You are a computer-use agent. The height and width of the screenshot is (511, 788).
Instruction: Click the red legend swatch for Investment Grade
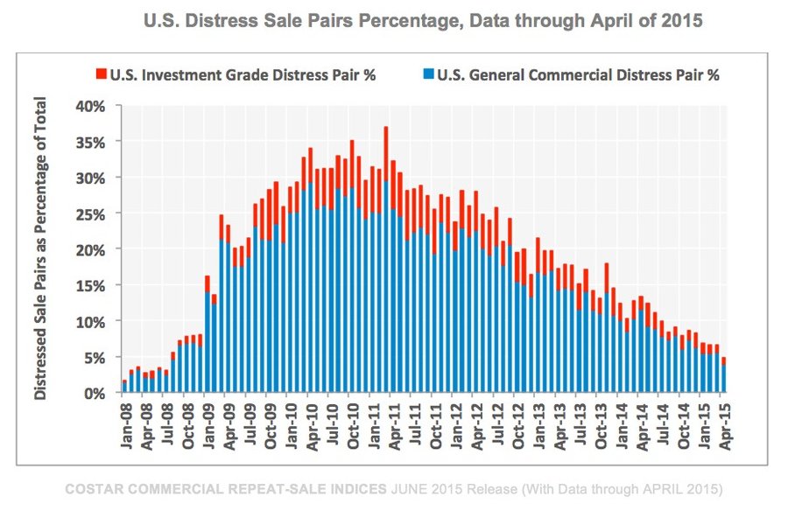click(102, 74)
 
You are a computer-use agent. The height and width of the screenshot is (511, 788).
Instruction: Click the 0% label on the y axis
click(94, 393)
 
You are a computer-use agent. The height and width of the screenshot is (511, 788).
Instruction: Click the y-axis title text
click(41, 249)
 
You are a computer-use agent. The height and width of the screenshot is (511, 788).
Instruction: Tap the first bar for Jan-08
click(124, 387)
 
